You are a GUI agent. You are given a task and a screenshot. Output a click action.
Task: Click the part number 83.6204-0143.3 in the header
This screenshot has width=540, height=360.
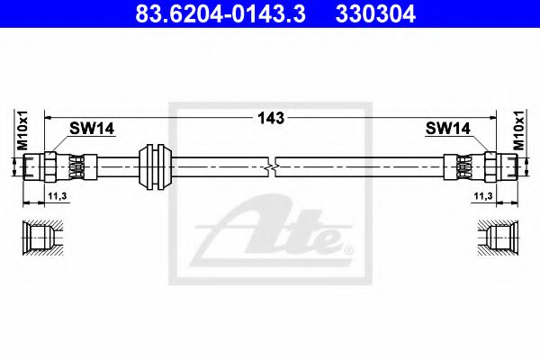(220, 13)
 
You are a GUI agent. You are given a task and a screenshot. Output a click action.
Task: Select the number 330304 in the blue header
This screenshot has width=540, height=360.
(375, 13)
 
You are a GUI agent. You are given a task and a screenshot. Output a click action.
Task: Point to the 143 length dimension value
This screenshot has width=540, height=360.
(271, 118)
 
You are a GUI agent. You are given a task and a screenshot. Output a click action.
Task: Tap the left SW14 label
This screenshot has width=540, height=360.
(92, 129)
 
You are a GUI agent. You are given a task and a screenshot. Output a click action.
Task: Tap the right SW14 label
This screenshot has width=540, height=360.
(447, 129)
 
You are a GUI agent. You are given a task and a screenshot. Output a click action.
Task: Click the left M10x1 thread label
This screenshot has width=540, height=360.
(22, 130)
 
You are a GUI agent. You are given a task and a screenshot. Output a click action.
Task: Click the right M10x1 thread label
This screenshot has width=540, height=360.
(518, 130)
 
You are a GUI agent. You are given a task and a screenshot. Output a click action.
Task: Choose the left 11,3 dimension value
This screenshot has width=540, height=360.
(58, 196)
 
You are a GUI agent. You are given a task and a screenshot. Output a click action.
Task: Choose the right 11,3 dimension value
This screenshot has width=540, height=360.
(483, 196)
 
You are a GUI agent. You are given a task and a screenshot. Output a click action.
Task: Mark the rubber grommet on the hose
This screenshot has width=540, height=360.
(155, 166)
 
